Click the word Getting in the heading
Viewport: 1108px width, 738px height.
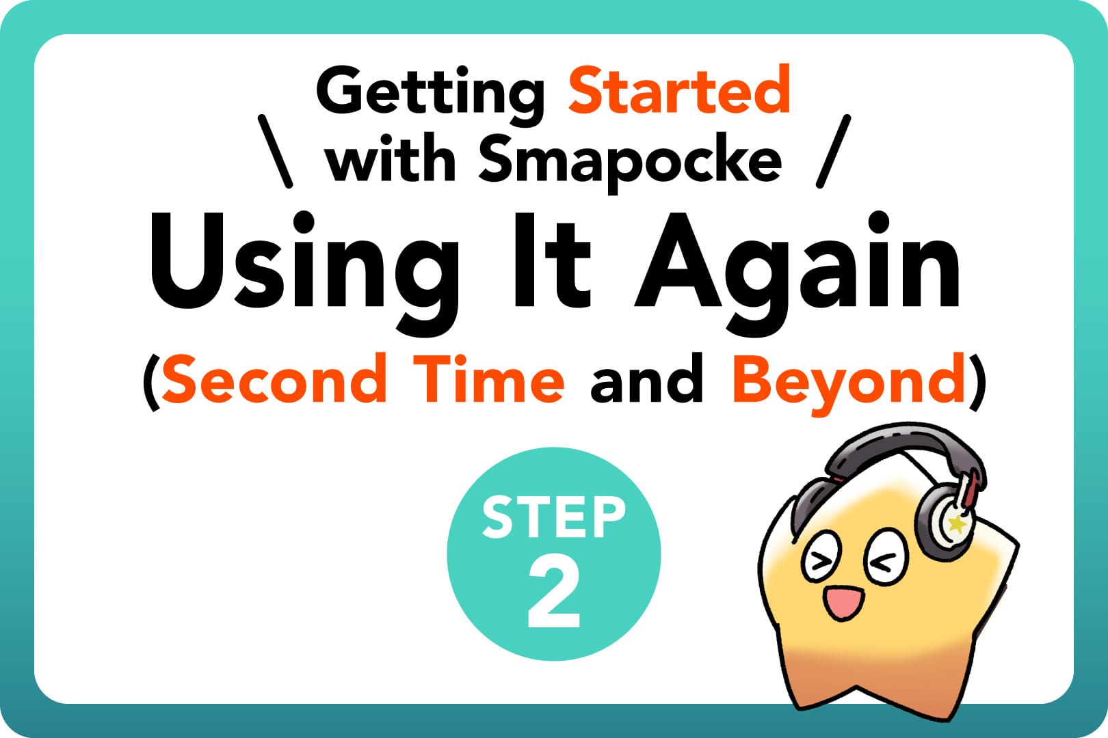[x=430, y=92]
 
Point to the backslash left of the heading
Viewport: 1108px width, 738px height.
[x=275, y=151]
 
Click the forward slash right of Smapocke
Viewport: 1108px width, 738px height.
[x=834, y=151]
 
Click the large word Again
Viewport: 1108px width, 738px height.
[x=797, y=270]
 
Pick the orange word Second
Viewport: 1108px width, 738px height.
[x=274, y=380]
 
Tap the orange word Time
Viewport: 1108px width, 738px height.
[x=492, y=379]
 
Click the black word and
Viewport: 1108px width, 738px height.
[x=646, y=380]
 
